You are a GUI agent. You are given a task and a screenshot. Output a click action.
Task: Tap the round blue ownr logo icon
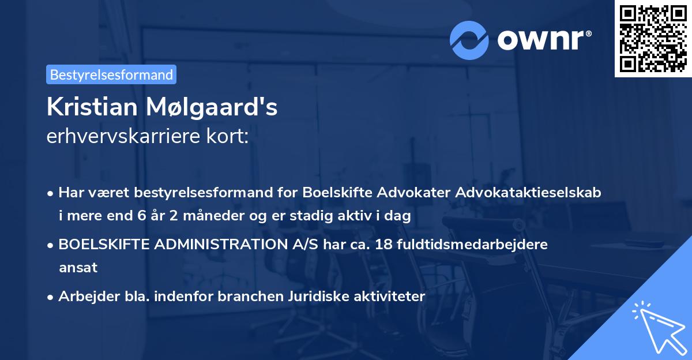tap(469, 40)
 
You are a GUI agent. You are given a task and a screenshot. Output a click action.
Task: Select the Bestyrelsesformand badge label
tap(111, 74)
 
